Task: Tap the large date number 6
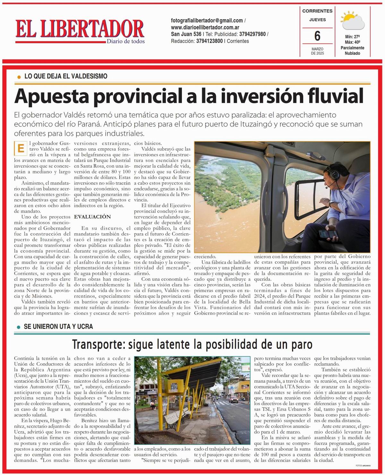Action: coord(317,36)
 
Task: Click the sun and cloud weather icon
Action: coord(352,21)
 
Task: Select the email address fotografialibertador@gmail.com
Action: coord(207,20)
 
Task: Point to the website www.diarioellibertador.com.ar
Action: coord(205,27)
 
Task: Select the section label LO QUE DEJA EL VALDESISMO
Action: coord(66,76)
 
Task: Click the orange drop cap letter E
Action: coord(21,148)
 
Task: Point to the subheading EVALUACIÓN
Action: coord(92,217)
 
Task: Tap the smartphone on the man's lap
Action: coord(328,233)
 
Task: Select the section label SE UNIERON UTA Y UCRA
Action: coord(58,326)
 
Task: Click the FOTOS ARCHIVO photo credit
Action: coord(363,465)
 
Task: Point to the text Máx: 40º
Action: coord(352,42)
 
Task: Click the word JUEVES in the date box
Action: coord(317,20)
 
